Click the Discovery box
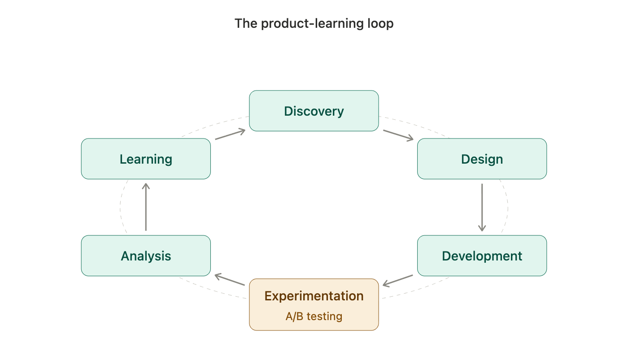pos(314,111)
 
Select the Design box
pos(482,159)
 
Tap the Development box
pos(482,256)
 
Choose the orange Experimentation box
pos(314,304)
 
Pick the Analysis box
pos(146,256)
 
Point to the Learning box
pos(146,159)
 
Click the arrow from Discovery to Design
pos(398,135)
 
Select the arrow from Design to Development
pos(482,208)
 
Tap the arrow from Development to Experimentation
pos(398,281)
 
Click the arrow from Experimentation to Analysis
pos(230,280)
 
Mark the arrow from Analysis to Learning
pos(146,207)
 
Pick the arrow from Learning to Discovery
pos(230,134)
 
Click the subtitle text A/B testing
pos(314,317)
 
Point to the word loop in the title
pos(380,23)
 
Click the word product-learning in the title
pos(312,23)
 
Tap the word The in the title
pos(246,23)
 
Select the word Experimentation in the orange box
pos(314,296)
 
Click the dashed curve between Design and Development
pos(507,207)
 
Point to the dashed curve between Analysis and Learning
pos(121,207)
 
